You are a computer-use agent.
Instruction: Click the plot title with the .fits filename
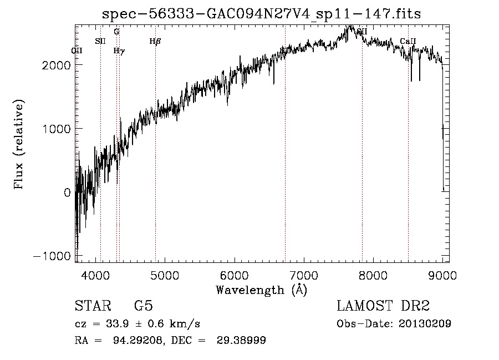coord(261,14)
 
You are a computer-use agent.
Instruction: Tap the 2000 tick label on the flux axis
coord(56,65)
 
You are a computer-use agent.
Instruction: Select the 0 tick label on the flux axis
coord(67,192)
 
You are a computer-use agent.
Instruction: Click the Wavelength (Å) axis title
coord(261,290)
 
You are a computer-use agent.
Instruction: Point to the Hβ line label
coord(155,41)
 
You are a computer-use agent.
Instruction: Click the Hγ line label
coord(119,50)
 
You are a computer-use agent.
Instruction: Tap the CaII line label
coord(408,41)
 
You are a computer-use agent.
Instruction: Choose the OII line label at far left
coord(77,50)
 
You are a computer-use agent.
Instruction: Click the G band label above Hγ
coord(116,32)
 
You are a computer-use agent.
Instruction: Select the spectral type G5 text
coord(144,307)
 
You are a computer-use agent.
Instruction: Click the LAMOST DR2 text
coord(383,306)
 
